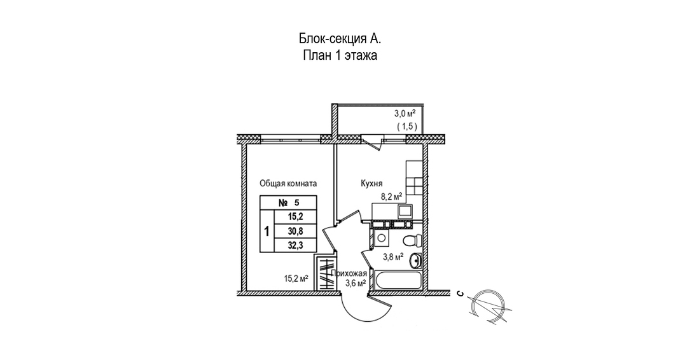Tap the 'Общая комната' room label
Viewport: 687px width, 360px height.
(x=288, y=183)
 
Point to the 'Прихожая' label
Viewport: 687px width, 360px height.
(x=348, y=274)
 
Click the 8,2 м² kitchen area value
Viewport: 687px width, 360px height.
(x=391, y=197)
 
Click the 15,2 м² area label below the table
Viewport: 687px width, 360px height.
(x=296, y=278)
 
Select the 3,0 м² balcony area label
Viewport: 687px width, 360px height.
(x=405, y=114)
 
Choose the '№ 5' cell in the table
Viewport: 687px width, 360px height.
(x=288, y=203)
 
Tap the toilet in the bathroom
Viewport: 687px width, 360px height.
(x=412, y=240)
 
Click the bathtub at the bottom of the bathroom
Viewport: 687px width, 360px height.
(x=398, y=280)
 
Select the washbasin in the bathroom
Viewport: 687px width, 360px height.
(x=416, y=260)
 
